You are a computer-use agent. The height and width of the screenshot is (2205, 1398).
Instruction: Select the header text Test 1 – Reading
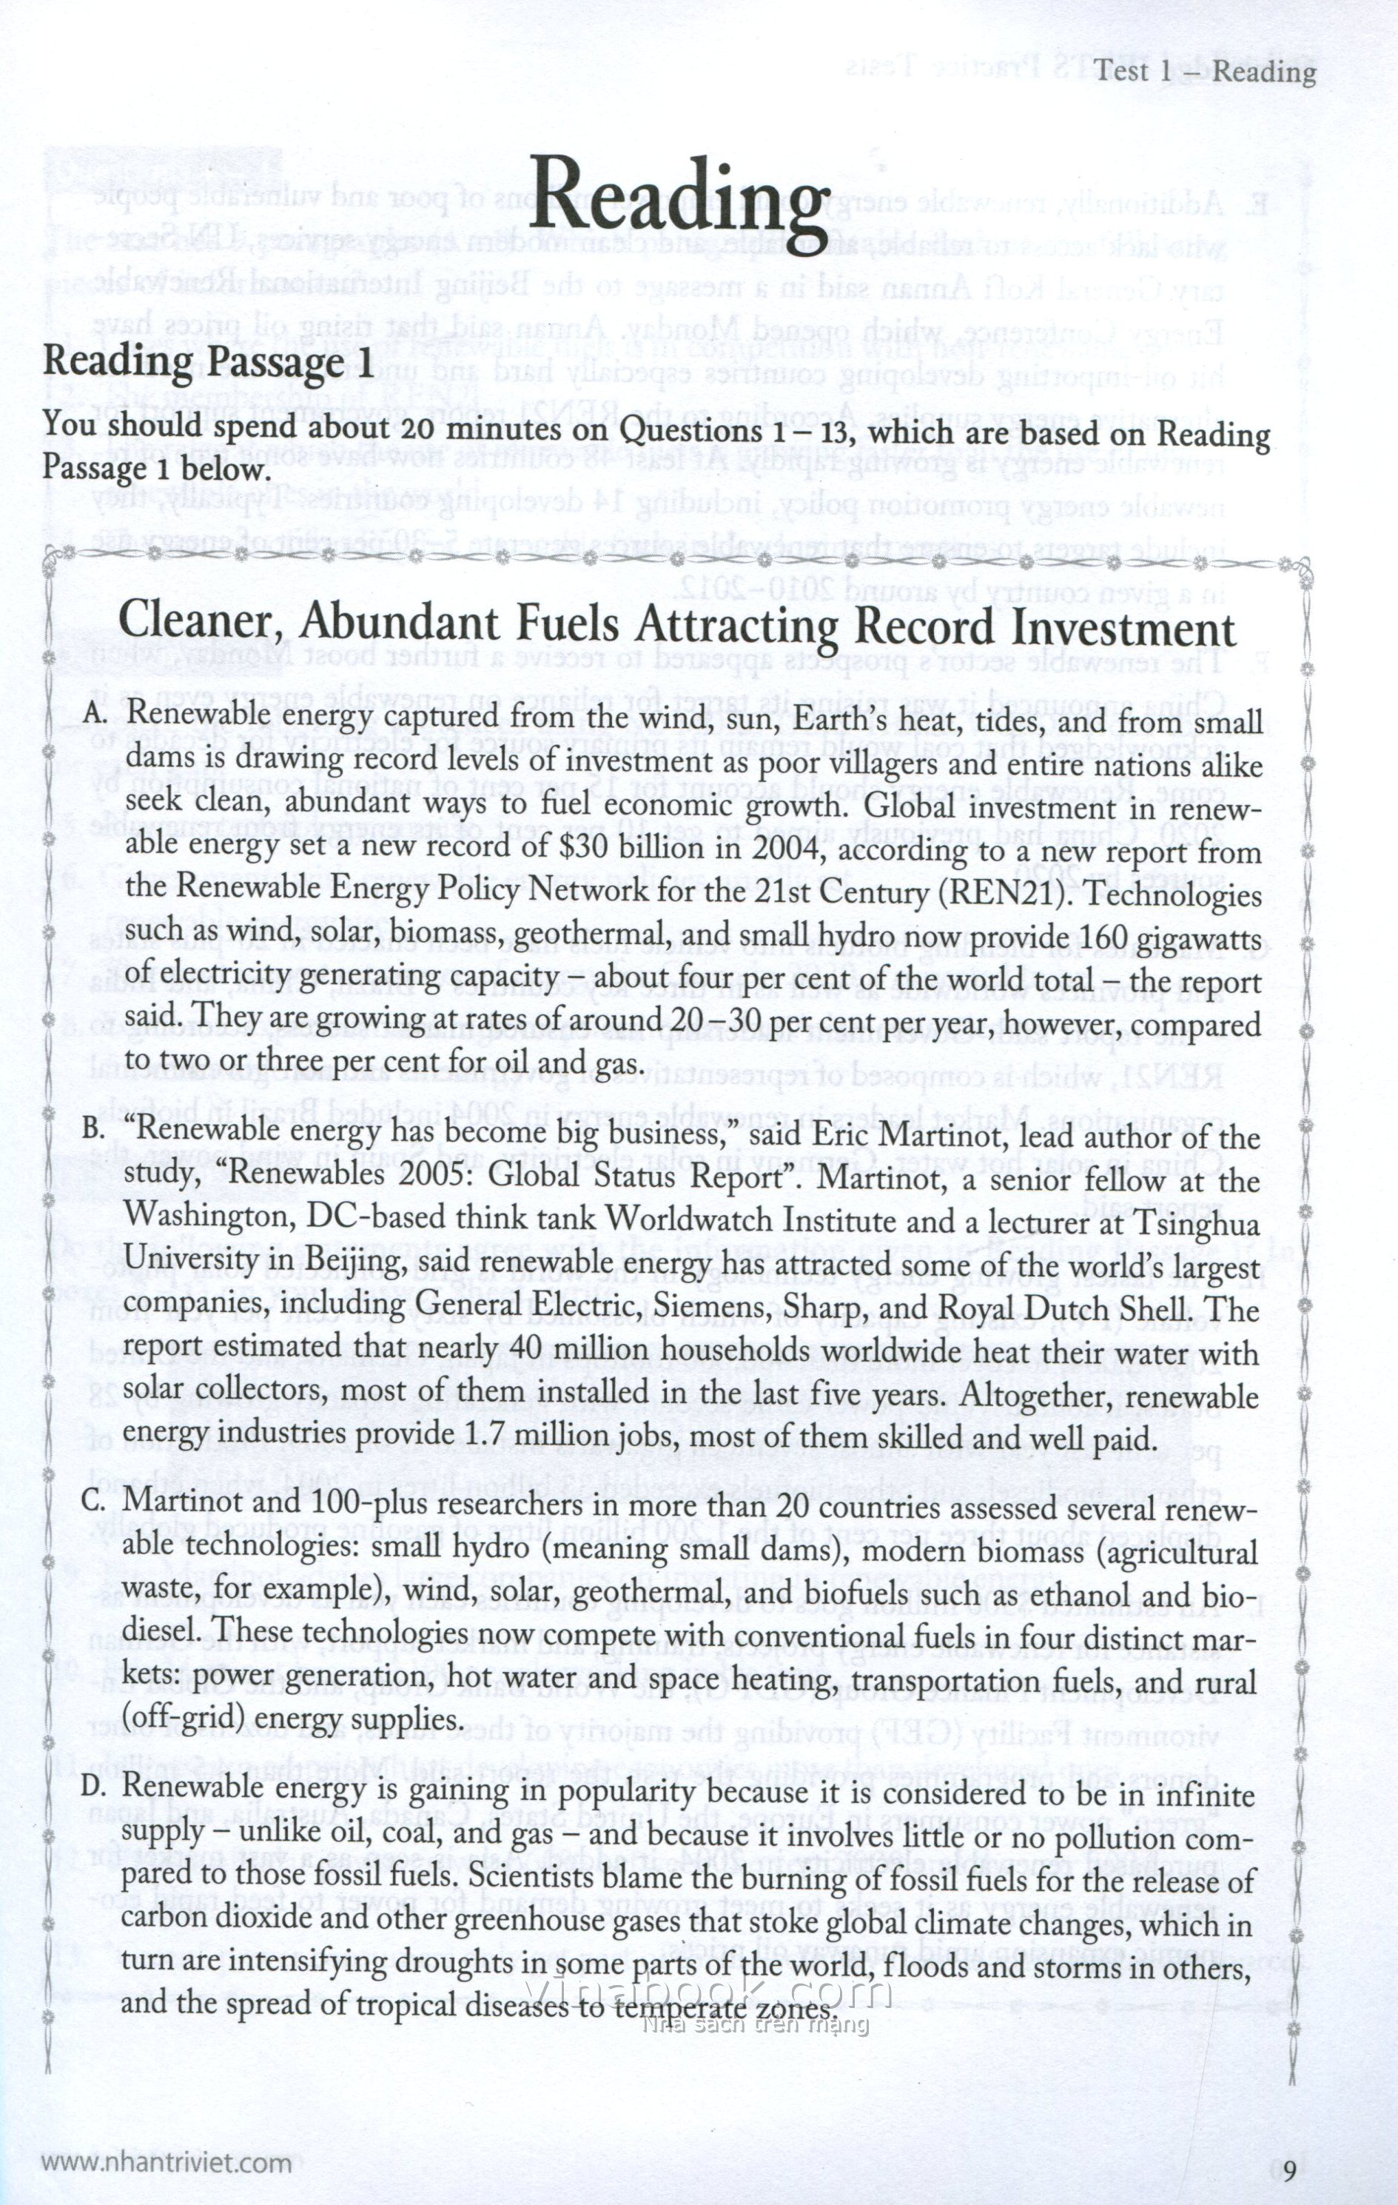[1205, 71]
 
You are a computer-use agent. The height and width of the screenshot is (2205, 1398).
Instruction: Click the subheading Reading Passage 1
[208, 363]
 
